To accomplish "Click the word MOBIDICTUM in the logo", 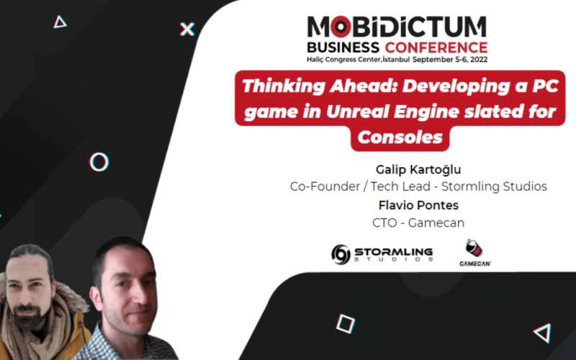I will (x=397, y=27).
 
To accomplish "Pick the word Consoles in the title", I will (x=400, y=137).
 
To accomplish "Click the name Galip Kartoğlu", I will (x=418, y=169).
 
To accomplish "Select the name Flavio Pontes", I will (x=418, y=205).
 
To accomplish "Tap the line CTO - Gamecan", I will (x=418, y=222).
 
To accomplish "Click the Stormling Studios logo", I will (x=382, y=253).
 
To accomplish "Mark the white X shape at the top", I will (x=187, y=29).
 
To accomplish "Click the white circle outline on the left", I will (x=99, y=161).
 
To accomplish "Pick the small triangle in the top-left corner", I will (x=60, y=22).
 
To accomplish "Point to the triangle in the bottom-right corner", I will (x=542, y=333).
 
